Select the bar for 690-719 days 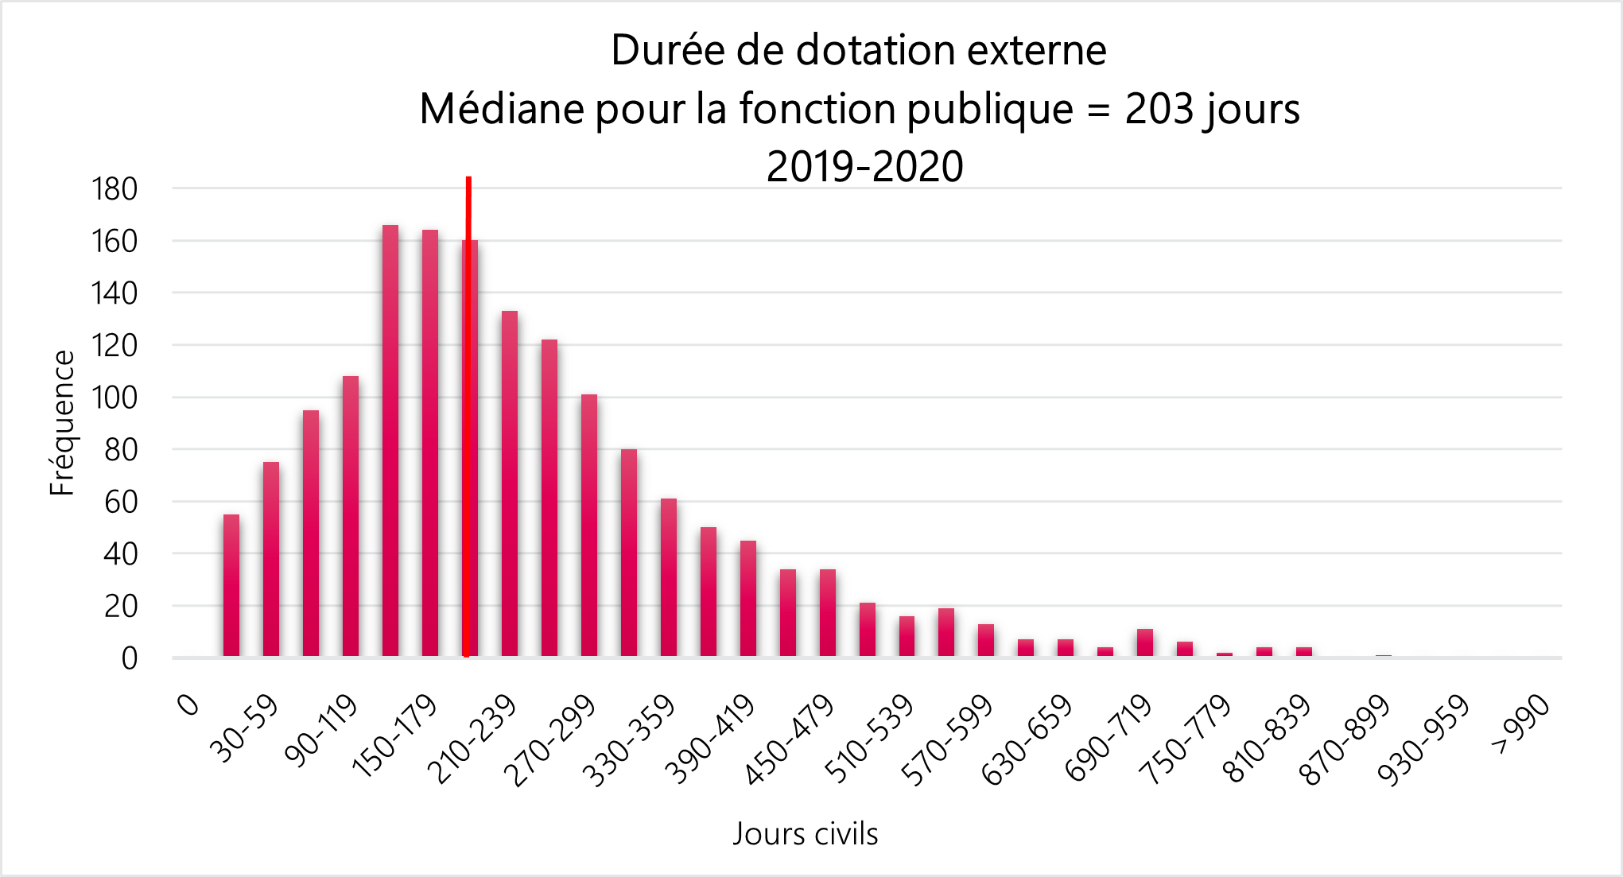tap(1145, 642)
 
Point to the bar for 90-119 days tap(351, 517)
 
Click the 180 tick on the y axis tap(115, 190)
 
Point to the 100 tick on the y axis tap(115, 398)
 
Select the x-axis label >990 tap(1521, 724)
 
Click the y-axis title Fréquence tap(62, 423)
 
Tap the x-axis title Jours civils tap(805, 834)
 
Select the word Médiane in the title tap(501, 109)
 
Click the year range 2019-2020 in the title tap(864, 167)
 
